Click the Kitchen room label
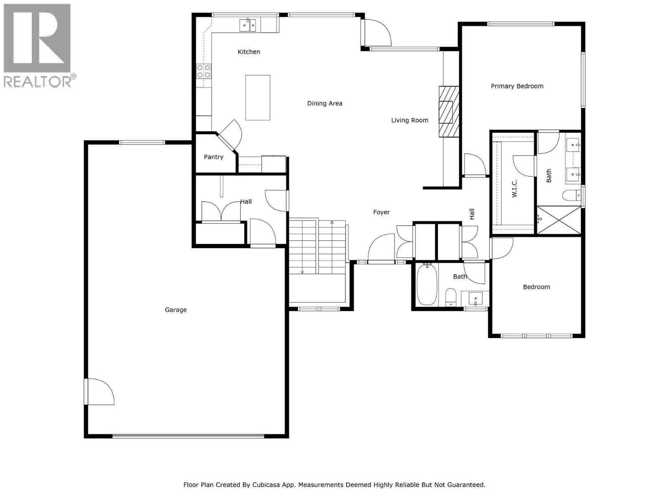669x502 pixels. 249,52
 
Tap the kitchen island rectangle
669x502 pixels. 258,97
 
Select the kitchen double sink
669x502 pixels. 248,26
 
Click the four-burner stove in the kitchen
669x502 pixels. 204,71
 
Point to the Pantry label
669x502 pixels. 213,157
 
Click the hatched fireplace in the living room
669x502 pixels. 449,112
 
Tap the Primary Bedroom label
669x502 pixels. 517,86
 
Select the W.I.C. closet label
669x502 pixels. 514,188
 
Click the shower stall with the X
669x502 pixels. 559,220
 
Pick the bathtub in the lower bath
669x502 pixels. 427,284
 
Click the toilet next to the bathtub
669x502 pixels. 450,296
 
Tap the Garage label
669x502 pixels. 176,310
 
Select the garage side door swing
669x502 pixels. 100,391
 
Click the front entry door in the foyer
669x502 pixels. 381,249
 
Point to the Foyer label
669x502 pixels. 381,213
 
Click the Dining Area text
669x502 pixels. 324,103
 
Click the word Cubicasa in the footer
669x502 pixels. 267,485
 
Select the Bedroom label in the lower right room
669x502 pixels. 536,287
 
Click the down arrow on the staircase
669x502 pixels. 302,272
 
